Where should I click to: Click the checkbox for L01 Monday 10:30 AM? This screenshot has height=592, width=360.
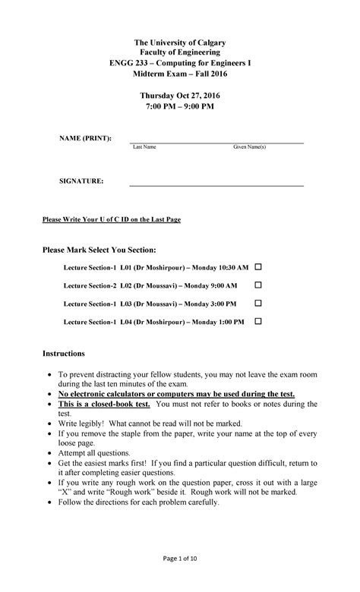click(257, 268)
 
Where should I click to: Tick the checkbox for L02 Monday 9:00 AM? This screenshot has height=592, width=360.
click(257, 285)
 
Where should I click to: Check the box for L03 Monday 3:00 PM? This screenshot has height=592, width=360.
click(257, 303)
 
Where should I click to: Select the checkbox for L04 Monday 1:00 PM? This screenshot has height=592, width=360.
click(257, 321)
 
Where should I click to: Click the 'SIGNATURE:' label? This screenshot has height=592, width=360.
click(82, 181)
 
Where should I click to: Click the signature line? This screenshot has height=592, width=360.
click(216, 185)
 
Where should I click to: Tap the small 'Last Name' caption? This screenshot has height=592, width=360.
click(144, 147)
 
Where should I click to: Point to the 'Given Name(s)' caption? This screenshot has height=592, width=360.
click(249, 147)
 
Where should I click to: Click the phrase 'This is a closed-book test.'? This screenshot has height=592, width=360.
click(105, 405)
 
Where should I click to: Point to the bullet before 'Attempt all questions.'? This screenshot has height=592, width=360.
click(50, 451)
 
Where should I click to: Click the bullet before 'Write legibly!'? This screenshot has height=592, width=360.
click(50, 424)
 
